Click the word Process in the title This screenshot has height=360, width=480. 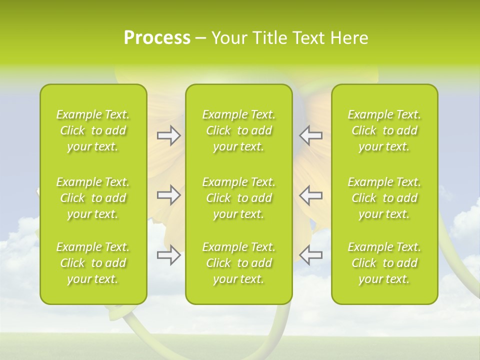click(157, 38)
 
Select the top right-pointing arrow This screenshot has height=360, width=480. click(168, 135)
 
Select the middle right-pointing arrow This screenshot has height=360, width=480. click(168, 195)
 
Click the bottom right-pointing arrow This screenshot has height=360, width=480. click(168, 255)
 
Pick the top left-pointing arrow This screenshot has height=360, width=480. click(311, 135)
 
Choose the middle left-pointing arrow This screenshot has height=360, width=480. click(311, 195)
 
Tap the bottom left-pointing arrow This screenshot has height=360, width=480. click(311, 255)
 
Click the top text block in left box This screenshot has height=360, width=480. click(93, 130)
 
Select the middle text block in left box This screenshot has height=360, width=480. click(93, 198)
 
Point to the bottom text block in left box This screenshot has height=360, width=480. click(93, 263)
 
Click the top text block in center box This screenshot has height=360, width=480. click(238, 130)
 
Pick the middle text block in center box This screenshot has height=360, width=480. click(238, 198)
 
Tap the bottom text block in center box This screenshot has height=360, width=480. click(238, 263)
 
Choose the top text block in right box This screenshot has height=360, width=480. click(384, 130)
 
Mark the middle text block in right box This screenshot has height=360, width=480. click(384, 198)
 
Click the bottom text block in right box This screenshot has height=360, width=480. click(384, 263)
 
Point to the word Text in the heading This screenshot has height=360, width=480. click(308, 38)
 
